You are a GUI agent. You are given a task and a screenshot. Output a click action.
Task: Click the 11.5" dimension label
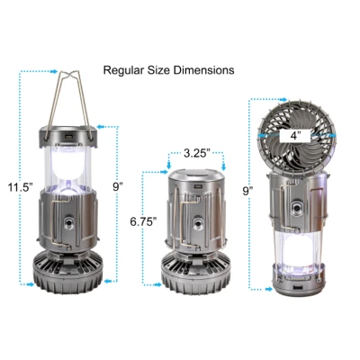(x=21, y=187)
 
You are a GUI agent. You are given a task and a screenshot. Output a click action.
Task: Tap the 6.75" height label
(x=143, y=221)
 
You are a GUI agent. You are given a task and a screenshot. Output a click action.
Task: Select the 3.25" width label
(x=196, y=153)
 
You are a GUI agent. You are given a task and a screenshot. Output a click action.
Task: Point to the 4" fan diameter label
(x=295, y=136)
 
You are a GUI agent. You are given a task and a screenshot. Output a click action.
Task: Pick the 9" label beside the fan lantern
(x=247, y=191)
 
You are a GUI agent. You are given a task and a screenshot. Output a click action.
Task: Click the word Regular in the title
(x=123, y=70)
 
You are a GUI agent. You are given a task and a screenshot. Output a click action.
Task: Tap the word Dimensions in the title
(x=204, y=70)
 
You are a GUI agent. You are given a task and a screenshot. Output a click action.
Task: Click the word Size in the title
(x=159, y=70)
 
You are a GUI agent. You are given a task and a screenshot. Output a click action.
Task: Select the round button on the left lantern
(x=69, y=223)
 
